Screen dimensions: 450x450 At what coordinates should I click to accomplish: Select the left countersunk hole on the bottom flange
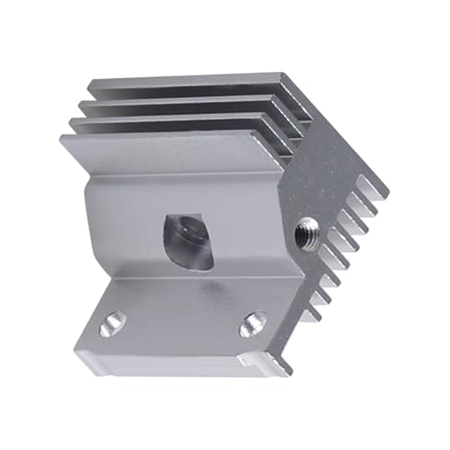pos(113,321)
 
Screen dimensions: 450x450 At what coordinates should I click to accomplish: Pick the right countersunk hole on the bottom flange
pos(253,322)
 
